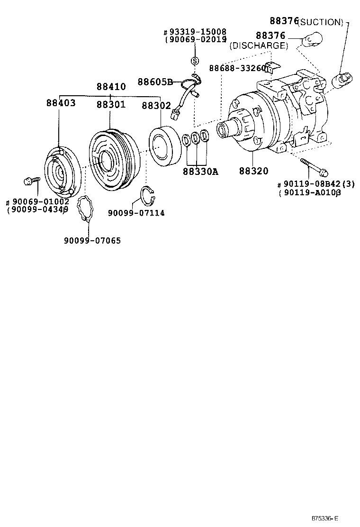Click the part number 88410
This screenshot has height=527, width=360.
coord(111,87)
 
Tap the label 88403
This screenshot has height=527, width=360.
coord(61,103)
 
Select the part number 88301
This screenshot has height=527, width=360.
coord(111,104)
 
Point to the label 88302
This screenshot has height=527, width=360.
coord(156,106)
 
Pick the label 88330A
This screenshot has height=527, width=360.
coord(200,171)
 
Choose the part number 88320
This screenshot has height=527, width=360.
coord(253,171)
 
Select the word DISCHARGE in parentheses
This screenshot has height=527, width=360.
coord(259,46)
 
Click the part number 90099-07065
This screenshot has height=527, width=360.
coord(92,241)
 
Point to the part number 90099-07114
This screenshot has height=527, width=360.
coord(136,213)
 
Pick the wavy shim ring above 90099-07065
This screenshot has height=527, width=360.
coord(85,208)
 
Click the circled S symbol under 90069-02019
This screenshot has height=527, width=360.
coord(194,61)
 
